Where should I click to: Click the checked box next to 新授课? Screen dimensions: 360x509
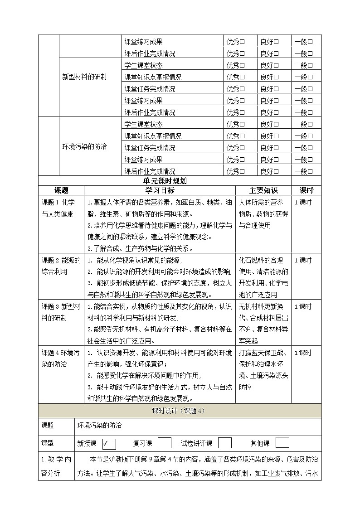click(109, 443)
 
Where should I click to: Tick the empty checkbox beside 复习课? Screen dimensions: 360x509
click(164, 443)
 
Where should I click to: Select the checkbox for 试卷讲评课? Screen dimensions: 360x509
click(225, 443)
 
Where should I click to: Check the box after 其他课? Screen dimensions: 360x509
click(282, 443)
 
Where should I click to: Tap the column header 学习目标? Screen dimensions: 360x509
click(160, 190)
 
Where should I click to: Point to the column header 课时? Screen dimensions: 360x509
click(306, 190)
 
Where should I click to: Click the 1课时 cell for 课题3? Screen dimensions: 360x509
click(303, 307)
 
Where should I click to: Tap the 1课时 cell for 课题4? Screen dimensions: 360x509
click(303, 353)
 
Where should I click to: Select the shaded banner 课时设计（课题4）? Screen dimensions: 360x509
click(180, 411)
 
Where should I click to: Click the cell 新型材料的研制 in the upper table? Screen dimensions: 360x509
click(84, 77)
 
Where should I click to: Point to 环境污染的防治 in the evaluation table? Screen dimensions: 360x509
click(84, 147)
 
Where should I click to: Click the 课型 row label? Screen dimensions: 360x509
click(48, 443)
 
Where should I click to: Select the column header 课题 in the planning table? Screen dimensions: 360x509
click(61, 190)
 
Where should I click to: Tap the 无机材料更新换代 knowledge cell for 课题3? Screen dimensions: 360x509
click(263, 324)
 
